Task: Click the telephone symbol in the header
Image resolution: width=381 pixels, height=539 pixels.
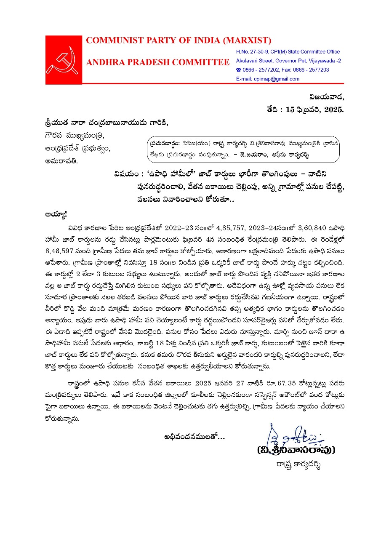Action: (238, 70)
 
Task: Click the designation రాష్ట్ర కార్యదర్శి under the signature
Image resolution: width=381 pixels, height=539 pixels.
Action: (296, 466)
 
